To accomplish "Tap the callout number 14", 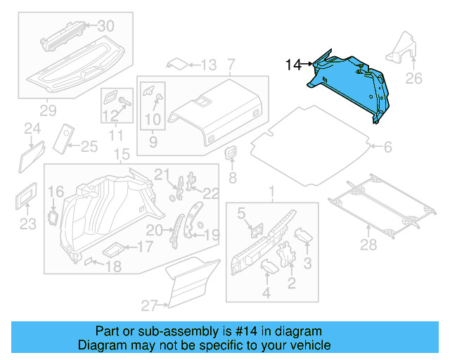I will [292, 65].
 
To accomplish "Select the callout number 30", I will [105, 26].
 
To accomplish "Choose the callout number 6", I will [387, 147].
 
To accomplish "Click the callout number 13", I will [208, 65].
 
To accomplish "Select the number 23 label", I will [27, 225].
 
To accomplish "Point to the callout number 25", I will [89, 146].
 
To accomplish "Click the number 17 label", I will [143, 247].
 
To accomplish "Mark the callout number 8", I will [233, 178].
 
